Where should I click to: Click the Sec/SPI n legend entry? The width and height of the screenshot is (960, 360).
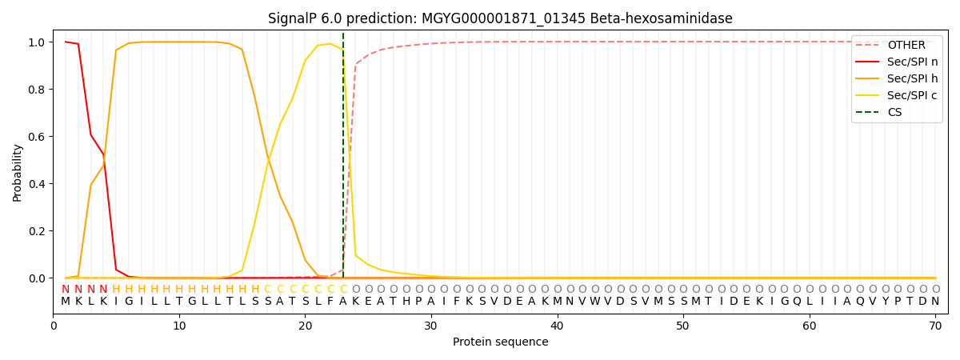pos(912,62)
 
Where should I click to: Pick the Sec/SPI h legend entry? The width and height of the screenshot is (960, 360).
pos(912,78)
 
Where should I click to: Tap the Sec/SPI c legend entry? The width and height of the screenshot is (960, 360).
pos(912,95)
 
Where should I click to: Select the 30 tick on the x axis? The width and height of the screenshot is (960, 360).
pos(431,326)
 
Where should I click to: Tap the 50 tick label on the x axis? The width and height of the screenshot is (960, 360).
pos(683,326)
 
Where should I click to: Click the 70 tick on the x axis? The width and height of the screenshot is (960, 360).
pos(935,326)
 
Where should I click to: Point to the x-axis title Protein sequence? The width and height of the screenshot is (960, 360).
pos(500,342)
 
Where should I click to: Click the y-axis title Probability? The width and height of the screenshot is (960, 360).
pos(18,172)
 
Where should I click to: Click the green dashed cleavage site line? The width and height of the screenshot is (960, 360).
pos(343,160)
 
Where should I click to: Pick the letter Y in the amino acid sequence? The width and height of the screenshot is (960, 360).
pos(885,302)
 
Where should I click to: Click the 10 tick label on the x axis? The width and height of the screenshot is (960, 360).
pos(179,326)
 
